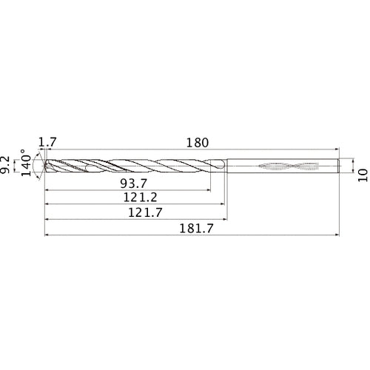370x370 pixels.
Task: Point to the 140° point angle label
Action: click(x=27, y=165)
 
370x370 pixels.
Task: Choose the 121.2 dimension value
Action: click(x=134, y=198)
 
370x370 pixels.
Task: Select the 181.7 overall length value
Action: click(x=192, y=229)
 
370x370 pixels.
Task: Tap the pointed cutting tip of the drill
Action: click(x=46, y=166)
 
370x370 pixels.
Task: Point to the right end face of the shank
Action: click(x=340, y=166)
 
